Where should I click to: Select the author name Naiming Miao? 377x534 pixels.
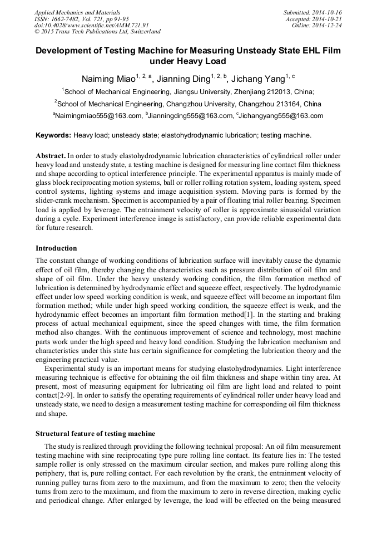coord(109,79)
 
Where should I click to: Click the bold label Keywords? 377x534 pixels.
coord(53,135)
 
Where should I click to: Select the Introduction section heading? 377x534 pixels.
coord(56,248)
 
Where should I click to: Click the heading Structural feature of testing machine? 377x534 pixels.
coord(95,433)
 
